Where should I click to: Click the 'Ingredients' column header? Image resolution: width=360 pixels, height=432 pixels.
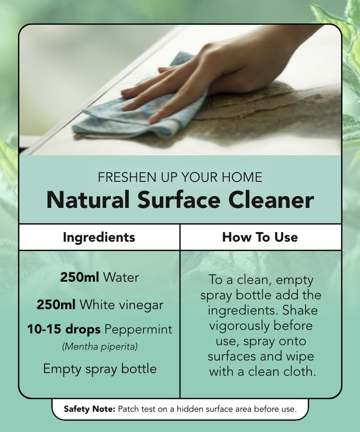point(99,237)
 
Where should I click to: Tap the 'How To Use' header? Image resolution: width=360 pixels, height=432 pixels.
point(260,237)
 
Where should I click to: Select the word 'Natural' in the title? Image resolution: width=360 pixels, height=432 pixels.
point(88,200)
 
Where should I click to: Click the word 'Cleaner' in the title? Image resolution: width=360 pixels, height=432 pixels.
point(271,200)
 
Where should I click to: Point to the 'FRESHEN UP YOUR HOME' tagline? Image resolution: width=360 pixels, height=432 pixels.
point(180,177)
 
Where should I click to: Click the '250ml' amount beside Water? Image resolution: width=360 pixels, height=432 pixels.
point(80,277)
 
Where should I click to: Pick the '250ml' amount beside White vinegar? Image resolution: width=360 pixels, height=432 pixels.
point(56,304)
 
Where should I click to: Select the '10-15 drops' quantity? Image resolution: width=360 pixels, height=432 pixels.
point(64,329)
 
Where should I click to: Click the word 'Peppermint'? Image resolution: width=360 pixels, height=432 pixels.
point(139,330)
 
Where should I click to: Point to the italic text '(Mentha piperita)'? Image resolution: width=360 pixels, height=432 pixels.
point(100,346)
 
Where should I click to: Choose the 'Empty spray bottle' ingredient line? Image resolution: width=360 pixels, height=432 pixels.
point(100,369)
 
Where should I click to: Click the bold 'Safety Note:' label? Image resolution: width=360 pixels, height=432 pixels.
point(89,409)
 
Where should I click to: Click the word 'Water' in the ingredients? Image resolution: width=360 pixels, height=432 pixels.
point(121,277)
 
